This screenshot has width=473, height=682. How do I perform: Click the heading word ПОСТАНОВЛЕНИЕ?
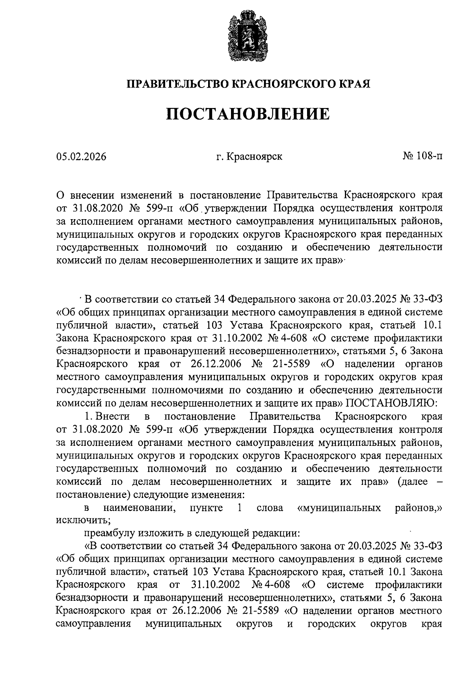(x=248, y=114)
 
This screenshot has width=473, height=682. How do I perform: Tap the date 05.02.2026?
(x=82, y=157)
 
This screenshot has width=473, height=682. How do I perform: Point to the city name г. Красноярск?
(x=249, y=157)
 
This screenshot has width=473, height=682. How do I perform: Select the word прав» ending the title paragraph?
(x=330, y=260)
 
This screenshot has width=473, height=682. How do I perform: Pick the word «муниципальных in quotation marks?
(x=339, y=508)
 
